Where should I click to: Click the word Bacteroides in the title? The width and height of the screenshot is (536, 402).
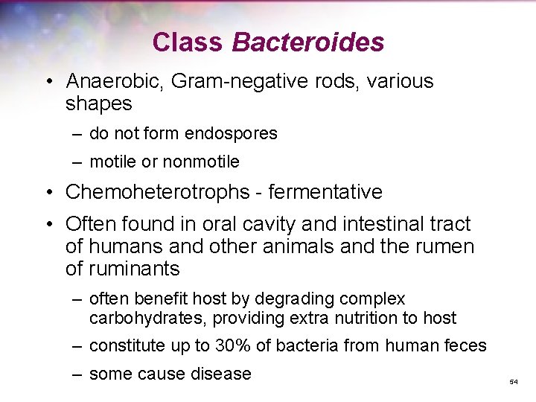click(x=307, y=42)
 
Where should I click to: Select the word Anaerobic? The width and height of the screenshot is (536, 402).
click(x=115, y=81)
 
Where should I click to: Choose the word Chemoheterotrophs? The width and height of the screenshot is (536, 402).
click(x=156, y=192)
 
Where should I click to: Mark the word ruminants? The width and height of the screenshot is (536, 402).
click(x=134, y=269)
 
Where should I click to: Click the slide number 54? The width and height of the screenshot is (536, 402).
click(x=513, y=381)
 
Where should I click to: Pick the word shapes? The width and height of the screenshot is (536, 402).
click(x=98, y=104)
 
